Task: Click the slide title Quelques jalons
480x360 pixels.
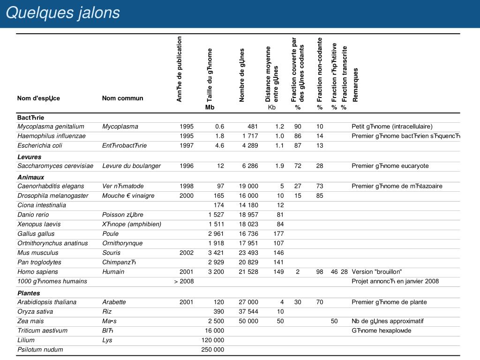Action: pyautogui.click(x=63, y=13)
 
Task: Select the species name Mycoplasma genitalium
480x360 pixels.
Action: pyautogui.click(x=51, y=127)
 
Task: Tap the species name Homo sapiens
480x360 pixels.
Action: pyautogui.click(x=38, y=272)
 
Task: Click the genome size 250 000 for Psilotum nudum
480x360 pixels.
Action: pyautogui.click(x=213, y=350)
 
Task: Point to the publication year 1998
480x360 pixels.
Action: pyautogui.click(x=187, y=186)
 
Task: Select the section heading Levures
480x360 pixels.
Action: pyautogui.click(x=29, y=157)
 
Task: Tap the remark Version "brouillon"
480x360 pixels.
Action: pyautogui.click(x=377, y=272)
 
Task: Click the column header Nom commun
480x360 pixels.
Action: pyautogui.click(x=123, y=98)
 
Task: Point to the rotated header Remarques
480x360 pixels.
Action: pyautogui.click(x=355, y=85)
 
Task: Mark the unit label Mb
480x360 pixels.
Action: pyautogui.click(x=210, y=107)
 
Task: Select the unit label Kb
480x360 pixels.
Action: pyautogui.click(x=272, y=107)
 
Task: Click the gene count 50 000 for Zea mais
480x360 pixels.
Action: pyautogui.click(x=248, y=321)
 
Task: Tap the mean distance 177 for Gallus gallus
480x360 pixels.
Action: pyautogui.click(x=278, y=234)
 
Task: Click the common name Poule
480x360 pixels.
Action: pyautogui.click(x=111, y=234)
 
